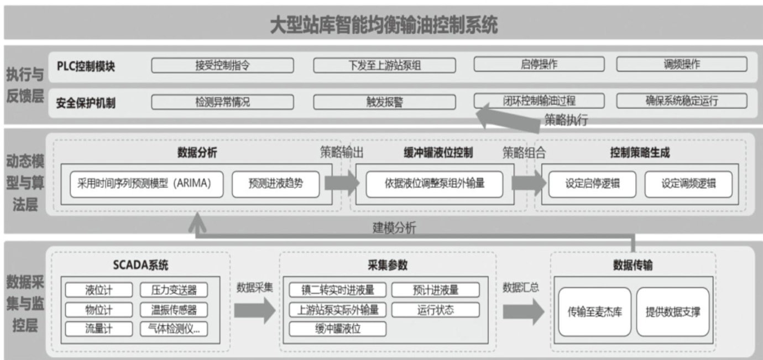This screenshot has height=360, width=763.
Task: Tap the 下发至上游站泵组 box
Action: [x=384, y=65]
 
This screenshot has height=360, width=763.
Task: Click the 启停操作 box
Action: [x=539, y=64]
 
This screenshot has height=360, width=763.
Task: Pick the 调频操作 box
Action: [x=681, y=64]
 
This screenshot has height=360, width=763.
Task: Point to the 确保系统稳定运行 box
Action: [x=681, y=101]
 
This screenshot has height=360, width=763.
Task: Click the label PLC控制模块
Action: [x=86, y=66]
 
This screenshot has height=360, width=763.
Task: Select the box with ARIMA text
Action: [x=147, y=184]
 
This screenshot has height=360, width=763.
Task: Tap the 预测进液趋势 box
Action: [x=275, y=184]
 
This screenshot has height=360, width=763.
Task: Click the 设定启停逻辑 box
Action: [x=592, y=184]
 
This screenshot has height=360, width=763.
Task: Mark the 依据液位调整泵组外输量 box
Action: [x=434, y=184]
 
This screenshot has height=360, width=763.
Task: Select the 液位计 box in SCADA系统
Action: [x=99, y=290]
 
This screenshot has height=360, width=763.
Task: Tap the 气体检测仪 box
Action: [x=174, y=328]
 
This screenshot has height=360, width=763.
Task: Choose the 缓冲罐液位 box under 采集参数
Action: [x=338, y=328]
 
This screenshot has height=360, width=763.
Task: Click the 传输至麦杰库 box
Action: [x=594, y=311]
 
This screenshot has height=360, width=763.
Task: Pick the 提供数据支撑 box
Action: [x=672, y=311]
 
